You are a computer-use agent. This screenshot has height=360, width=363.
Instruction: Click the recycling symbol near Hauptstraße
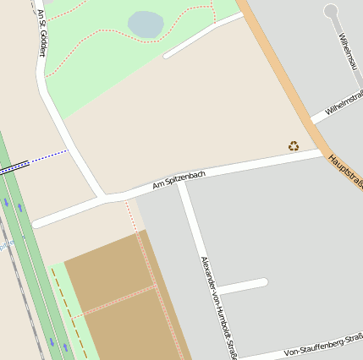pyautogui.click(x=294, y=146)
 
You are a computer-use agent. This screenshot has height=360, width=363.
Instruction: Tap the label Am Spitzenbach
pyautogui.click(x=179, y=179)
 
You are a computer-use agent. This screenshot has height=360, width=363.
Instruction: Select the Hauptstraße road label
pyautogui.click(x=345, y=170)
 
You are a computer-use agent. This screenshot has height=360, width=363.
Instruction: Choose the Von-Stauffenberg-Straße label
pyautogui.click(x=322, y=346)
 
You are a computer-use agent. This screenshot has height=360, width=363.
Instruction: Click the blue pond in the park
pyautogui.click(x=146, y=24)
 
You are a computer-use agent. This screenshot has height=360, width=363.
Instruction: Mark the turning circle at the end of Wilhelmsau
pyautogui.click(x=331, y=11)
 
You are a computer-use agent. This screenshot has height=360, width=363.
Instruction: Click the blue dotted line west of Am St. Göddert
pyautogui.click(x=48, y=156)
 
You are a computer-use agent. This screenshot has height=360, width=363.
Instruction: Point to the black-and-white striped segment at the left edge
pyautogui.click(x=13, y=167)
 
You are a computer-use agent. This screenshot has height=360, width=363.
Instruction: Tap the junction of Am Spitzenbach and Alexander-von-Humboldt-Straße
pyautogui.click(x=182, y=185)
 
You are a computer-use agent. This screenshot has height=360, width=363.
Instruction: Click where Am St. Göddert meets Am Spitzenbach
pyautogui.click(x=104, y=199)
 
